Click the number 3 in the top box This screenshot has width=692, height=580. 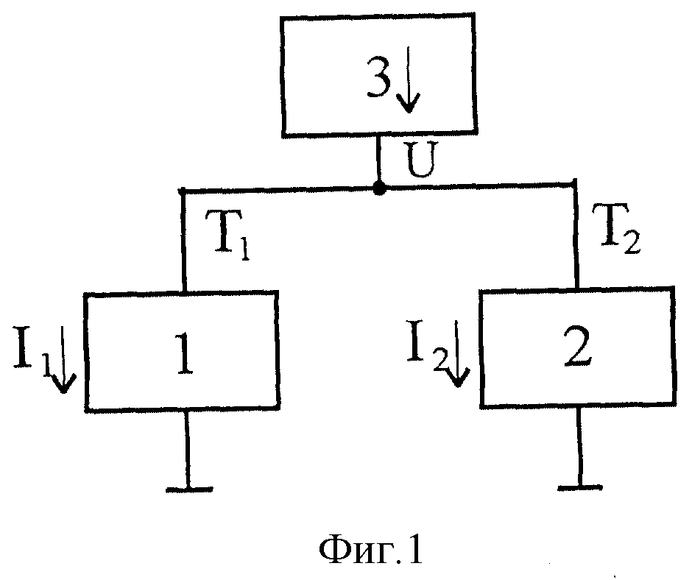[378, 78]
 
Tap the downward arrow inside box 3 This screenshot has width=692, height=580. [409, 79]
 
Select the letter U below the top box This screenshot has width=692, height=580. [420, 159]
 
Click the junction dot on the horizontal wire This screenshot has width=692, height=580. [379, 189]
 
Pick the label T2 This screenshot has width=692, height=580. [616, 228]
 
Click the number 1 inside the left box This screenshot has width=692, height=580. [185, 353]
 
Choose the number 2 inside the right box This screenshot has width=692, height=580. [578, 347]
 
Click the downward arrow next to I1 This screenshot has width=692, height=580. [63, 359]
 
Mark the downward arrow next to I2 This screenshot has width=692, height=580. [458, 353]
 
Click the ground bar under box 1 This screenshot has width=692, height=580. [189, 489]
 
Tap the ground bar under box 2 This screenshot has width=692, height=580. [580, 488]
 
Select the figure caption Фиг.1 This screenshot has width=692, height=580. [370, 551]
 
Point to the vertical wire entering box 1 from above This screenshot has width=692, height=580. [183, 241]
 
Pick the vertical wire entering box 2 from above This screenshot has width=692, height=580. [576, 235]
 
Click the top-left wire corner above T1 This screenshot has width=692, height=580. [182, 191]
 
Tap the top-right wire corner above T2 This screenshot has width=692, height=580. [574, 182]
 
